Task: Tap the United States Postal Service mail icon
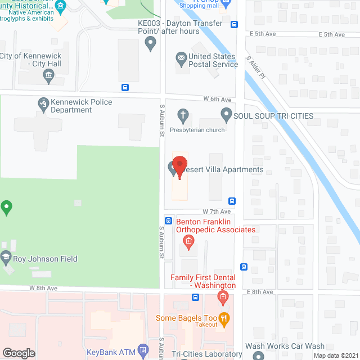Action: click(x=181, y=57)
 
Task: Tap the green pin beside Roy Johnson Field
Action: click(x=6, y=208)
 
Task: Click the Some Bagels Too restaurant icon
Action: click(x=224, y=318)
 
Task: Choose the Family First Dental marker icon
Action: click(x=223, y=296)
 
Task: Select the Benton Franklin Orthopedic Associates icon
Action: click(x=189, y=242)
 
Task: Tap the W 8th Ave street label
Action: click(x=44, y=287)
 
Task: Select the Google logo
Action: click(x=19, y=353)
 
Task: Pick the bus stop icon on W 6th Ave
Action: click(x=125, y=87)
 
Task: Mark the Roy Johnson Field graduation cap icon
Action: click(x=6, y=259)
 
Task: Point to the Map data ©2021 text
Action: click(x=335, y=355)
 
